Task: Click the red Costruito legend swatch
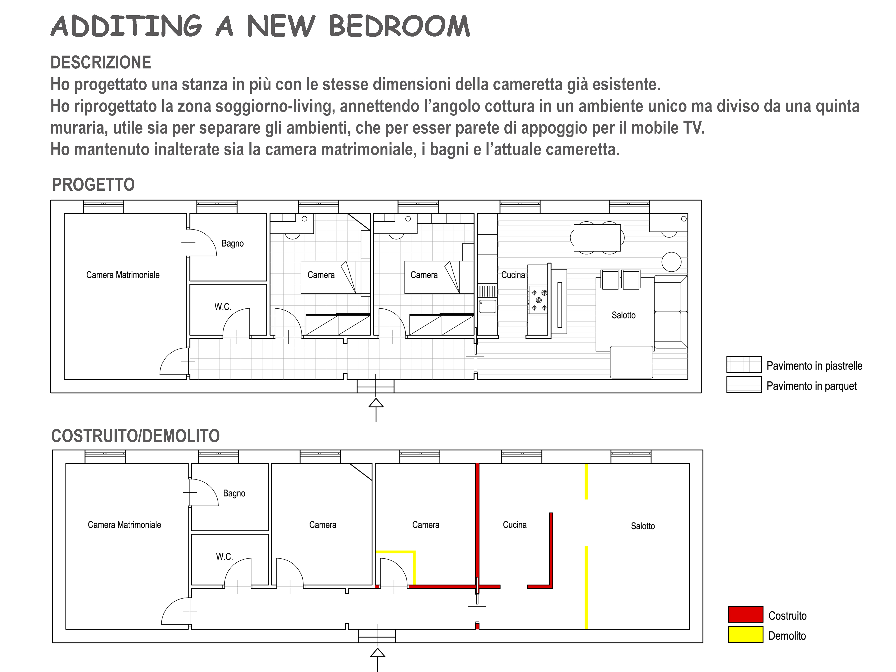click(745, 614)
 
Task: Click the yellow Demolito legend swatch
click(745, 634)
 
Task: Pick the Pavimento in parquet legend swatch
click(744, 385)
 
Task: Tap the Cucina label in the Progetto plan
click(513, 275)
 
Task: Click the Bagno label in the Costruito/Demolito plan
click(234, 493)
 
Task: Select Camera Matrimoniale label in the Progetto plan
click(123, 275)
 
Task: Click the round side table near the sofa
click(671, 262)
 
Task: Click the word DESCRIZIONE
click(101, 63)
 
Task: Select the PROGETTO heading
click(94, 185)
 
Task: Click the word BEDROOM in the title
click(400, 26)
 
